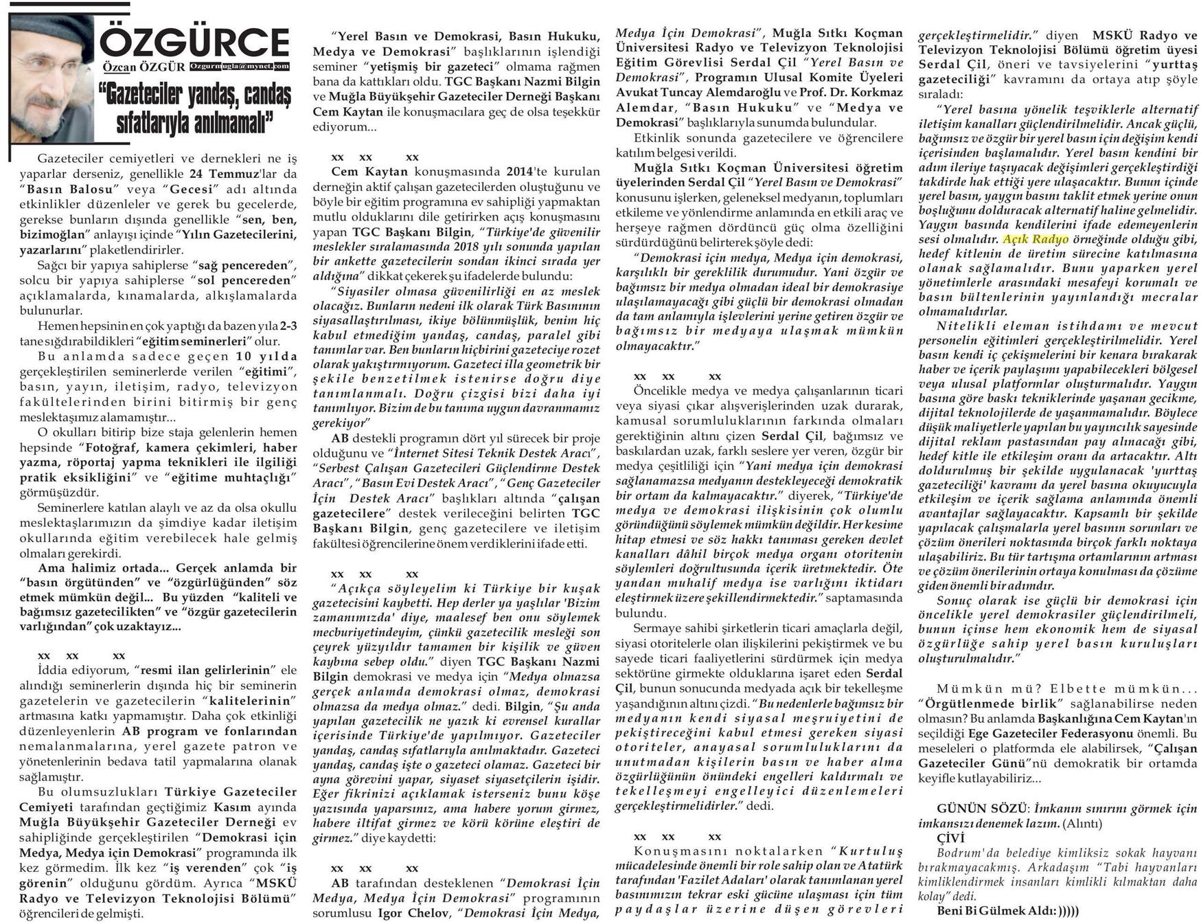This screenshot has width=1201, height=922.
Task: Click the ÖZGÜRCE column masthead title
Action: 195,43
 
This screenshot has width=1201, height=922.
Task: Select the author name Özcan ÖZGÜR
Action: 144,67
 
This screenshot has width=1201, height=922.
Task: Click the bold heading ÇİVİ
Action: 950,837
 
